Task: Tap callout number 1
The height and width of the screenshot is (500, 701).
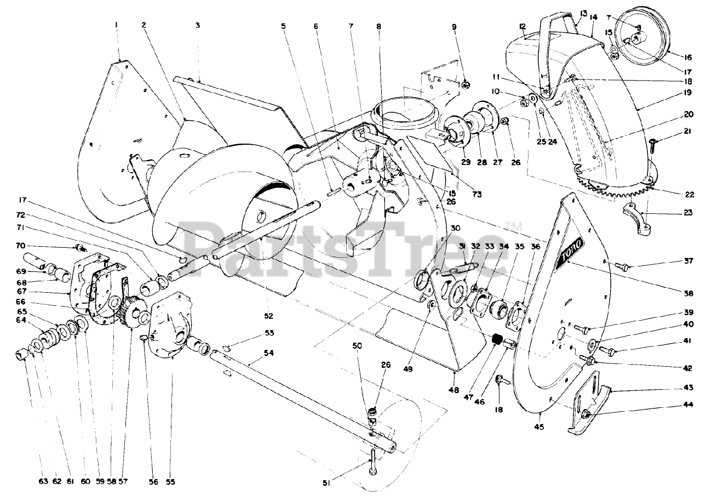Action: coord(117,24)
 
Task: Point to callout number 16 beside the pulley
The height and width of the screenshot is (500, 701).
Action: coord(686,55)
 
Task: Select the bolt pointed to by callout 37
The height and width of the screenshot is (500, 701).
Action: coord(621,266)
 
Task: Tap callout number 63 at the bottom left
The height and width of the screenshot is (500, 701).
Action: coord(44,481)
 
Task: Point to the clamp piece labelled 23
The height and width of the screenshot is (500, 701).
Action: coord(639,217)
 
